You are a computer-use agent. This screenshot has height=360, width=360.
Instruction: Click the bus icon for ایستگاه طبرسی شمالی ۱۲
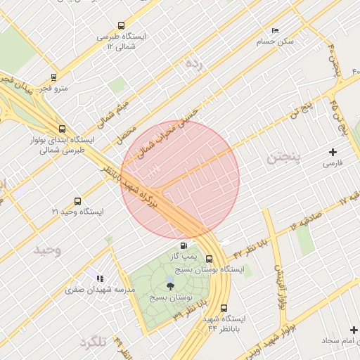(x=121, y=25)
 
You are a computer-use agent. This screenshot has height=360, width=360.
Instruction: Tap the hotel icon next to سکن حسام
(x=275, y=30)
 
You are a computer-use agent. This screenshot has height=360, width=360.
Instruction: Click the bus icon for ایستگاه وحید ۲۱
(x=77, y=201)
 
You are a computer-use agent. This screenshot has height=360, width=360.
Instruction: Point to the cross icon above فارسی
(x=333, y=152)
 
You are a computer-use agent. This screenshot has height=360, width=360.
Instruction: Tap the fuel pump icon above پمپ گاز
(x=184, y=245)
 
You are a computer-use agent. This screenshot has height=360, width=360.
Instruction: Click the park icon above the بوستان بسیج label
(x=169, y=285)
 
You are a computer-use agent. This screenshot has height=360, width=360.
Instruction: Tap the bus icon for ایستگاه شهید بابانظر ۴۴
(x=224, y=308)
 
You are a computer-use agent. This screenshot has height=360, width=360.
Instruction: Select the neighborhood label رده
(x=193, y=63)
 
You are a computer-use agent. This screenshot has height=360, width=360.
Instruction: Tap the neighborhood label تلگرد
(x=93, y=342)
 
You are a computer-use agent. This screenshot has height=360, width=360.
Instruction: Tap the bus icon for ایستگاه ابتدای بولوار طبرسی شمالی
(x=63, y=129)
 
